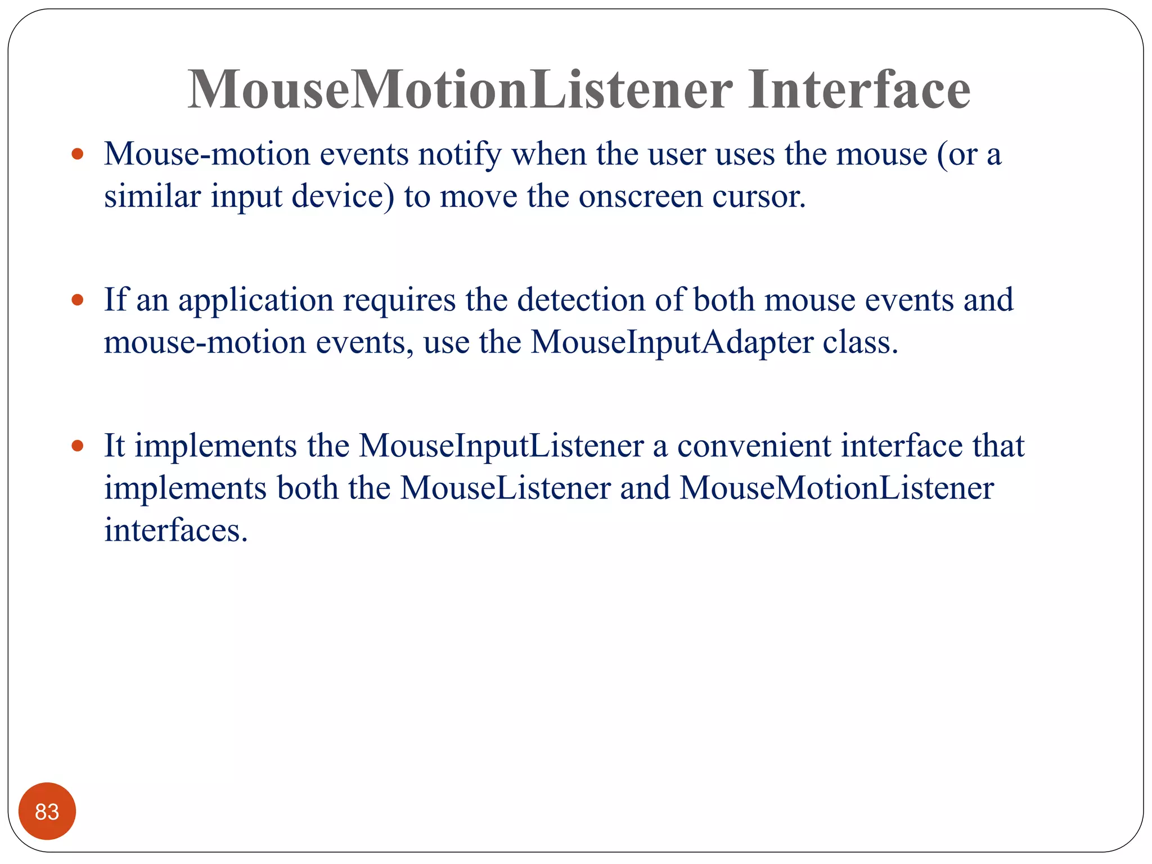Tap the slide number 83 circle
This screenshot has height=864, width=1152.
[x=47, y=811]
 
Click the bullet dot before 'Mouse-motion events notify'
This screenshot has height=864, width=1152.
[x=78, y=154]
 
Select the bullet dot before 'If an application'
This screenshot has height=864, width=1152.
[x=78, y=300]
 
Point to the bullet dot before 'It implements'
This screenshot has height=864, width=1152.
[x=78, y=446]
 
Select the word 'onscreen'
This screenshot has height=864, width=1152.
[x=641, y=197]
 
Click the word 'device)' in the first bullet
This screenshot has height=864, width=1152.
[x=343, y=197]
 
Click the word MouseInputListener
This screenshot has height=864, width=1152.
[x=501, y=446]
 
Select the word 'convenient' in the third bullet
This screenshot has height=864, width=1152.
[x=754, y=446]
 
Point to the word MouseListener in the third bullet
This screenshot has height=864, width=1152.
[x=505, y=488]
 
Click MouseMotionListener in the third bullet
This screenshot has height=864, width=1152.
[x=836, y=488]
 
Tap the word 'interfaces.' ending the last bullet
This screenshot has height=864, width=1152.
[x=176, y=530]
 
